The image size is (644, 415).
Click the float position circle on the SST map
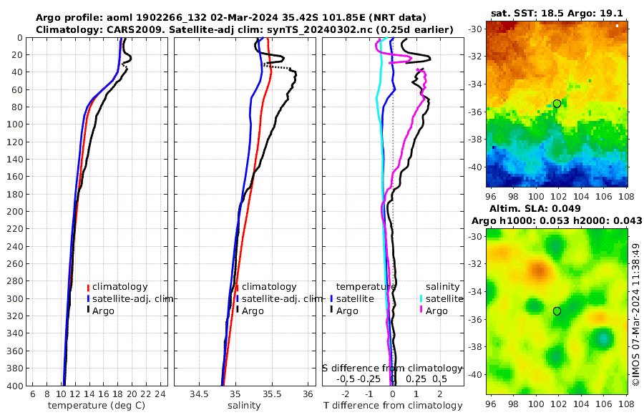557,104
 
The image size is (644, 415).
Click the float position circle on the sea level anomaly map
557,311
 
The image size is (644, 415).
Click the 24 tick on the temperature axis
160,394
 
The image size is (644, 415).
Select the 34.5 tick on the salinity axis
200,394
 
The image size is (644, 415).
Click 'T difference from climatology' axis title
393,406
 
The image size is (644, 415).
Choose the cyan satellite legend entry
443,298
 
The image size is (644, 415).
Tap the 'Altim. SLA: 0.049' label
557,207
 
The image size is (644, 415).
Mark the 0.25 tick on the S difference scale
414,379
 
